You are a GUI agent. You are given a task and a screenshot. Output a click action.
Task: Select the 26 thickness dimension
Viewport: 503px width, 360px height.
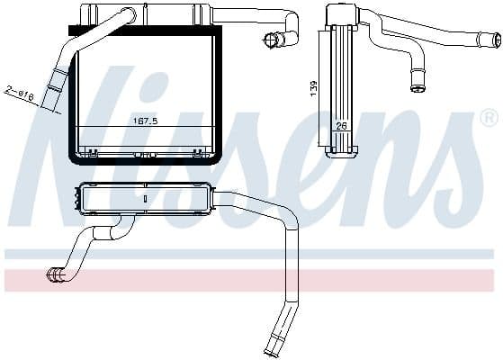tap(343, 127)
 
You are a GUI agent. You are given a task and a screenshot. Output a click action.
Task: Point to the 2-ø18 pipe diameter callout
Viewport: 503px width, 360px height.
tap(20, 93)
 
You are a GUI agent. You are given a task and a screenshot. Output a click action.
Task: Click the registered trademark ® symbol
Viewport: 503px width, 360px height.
tap(489, 118)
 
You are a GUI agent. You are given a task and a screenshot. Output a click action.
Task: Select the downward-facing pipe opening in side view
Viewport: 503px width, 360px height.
tap(418, 88)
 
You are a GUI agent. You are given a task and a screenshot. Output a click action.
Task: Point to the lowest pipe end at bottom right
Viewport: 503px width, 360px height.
tap(271, 349)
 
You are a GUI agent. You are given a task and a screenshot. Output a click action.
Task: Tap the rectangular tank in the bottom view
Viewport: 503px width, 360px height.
tap(144, 199)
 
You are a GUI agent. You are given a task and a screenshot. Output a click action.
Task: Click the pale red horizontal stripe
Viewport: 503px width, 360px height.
tap(252, 280)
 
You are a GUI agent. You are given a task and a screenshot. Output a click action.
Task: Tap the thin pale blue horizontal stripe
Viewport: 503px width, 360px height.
tap(252, 255)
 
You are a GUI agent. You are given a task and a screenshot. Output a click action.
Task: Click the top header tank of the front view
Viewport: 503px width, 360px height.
tap(144, 13)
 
